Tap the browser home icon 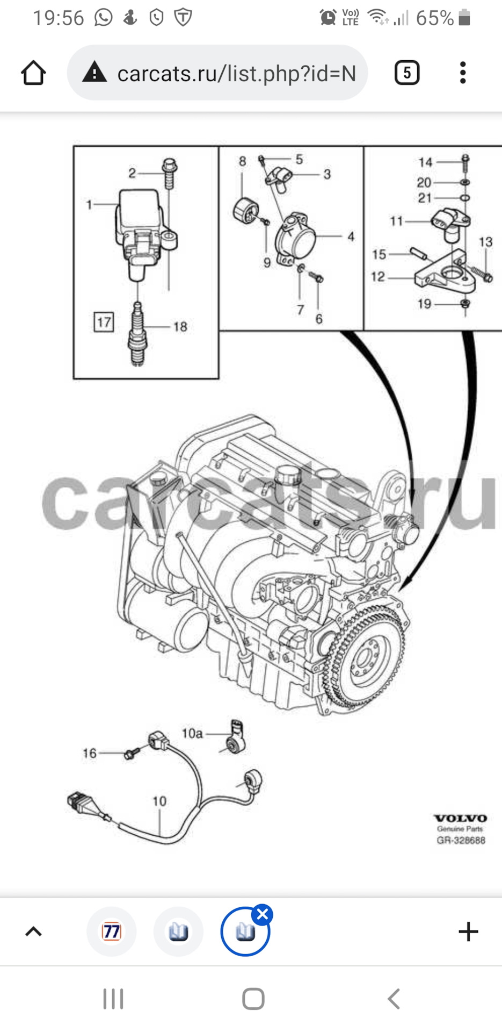click(33, 73)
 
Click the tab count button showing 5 click(406, 73)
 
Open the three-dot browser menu click(462, 73)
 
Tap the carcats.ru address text click(236, 74)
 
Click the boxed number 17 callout click(104, 322)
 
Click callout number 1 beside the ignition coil click(89, 204)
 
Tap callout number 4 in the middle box click(351, 236)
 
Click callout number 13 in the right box click(485, 242)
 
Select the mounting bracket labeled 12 click(446, 275)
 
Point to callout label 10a click(192, 733)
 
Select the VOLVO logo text click(460, 818)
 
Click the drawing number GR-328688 click(461, 840)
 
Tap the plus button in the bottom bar click(468, 931)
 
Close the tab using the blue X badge click(263, 914)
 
